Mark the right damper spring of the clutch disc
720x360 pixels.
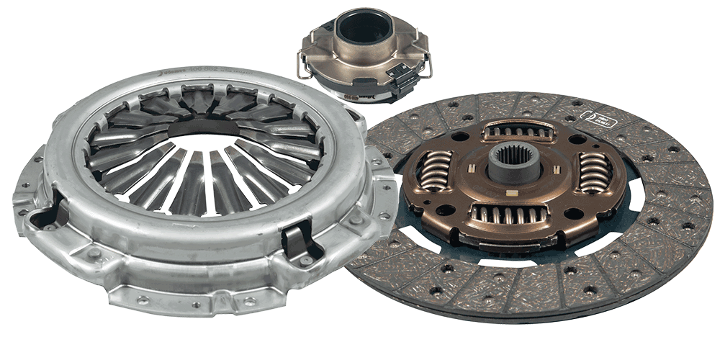pyautogui.click(x=595, y=172)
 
